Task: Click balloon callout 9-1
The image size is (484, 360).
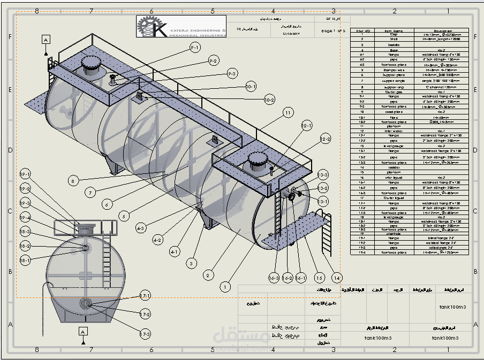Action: pos(195,48)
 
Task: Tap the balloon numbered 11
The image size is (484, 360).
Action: pos(289,113)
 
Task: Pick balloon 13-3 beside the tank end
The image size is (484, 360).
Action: pos(323,175)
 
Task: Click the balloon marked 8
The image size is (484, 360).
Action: pos(73,181)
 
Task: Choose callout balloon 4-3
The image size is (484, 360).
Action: pos(141,228)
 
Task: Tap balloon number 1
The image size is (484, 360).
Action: pos(225,287)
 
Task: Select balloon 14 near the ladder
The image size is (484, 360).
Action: pos(337,278)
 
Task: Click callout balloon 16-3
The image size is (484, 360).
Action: pos(274,278)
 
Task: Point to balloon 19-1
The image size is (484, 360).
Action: pos(25,174)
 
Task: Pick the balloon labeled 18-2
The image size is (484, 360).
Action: pos(25,246)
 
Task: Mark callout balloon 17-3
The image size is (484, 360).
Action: pos(145,334)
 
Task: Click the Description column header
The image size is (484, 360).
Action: pos(443,31)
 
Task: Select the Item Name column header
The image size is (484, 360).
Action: pos(394,31)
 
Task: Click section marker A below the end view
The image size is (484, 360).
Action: pos(82,332)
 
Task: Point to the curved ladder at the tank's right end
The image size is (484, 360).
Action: pos(324,236)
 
